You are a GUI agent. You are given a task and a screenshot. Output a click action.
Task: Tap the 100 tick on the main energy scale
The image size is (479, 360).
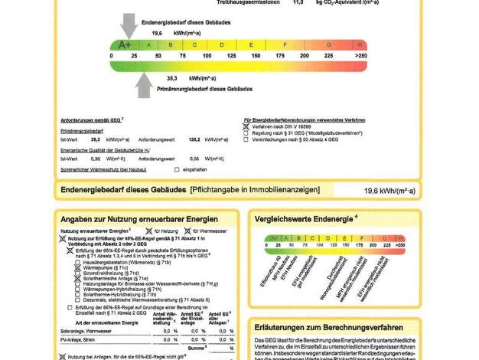207,56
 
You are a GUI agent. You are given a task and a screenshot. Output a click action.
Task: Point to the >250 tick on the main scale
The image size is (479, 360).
360,56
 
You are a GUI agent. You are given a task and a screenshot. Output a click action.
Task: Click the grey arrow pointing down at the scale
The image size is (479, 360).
129,27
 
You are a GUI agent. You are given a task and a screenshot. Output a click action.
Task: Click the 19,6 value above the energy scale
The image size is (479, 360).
157,34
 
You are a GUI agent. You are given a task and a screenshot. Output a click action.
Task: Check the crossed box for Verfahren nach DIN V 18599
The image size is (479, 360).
246,126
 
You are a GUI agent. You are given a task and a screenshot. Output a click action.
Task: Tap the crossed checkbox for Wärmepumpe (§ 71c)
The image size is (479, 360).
77,267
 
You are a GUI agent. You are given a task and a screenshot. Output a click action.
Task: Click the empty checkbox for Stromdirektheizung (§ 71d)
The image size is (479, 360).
77,273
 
